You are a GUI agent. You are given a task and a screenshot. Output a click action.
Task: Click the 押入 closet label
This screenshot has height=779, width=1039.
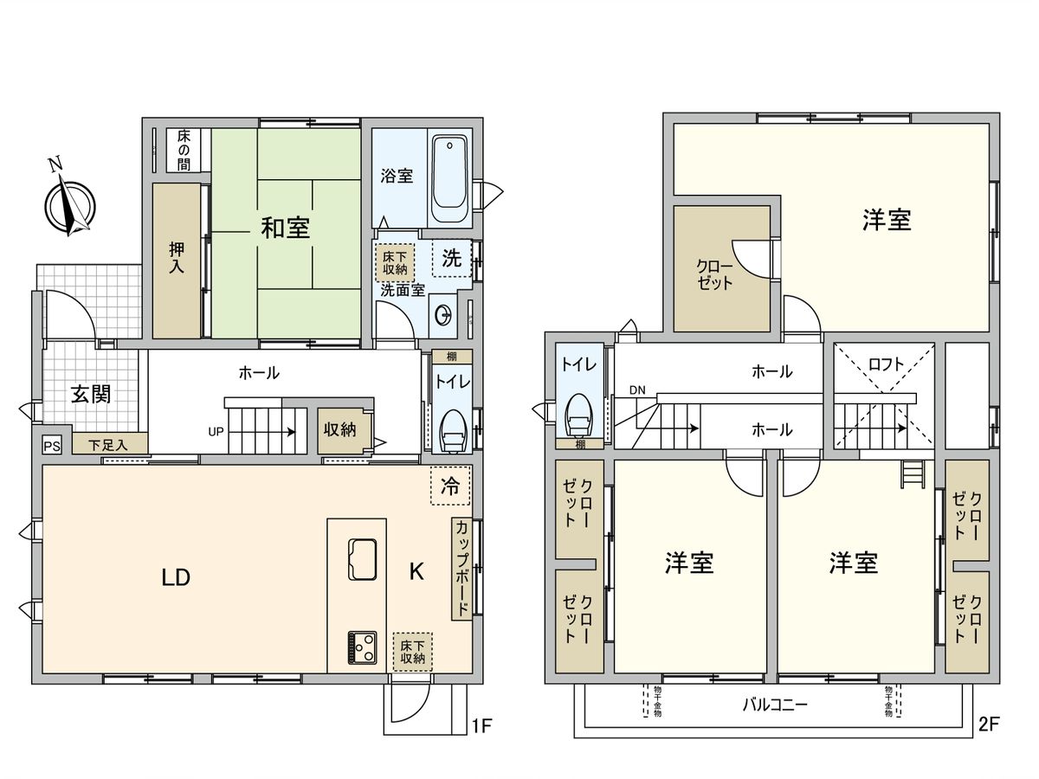tap(177, 261)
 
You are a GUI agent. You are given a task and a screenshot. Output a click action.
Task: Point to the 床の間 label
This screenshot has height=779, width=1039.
tap(184, 150)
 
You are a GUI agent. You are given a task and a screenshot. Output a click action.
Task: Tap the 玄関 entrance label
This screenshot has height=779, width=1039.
tap(89, 395)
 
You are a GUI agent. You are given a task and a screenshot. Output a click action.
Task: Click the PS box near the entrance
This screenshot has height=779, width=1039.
tap(52, 446)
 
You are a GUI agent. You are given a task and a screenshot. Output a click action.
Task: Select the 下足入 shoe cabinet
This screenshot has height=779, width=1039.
tap(109, 445)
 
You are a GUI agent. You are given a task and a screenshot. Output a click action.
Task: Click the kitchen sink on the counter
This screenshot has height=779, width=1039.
tap(361, 558)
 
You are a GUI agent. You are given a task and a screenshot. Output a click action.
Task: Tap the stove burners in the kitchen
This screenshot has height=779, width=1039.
tap(361, 646)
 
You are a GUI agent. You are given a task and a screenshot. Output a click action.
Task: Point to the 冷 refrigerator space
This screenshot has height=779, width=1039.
tap(450, 486)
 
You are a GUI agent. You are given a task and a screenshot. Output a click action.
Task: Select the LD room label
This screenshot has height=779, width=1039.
tap(175, 577)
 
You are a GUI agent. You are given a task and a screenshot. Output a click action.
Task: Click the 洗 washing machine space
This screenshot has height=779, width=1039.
tap(452, 257)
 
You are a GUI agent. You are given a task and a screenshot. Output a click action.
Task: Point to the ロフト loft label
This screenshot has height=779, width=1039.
tap(886, 364)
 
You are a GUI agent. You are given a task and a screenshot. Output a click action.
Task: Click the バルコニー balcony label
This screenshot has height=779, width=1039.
tap(775, 705)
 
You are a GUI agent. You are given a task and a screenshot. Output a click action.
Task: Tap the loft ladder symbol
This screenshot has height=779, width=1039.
tap(911, 474)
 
